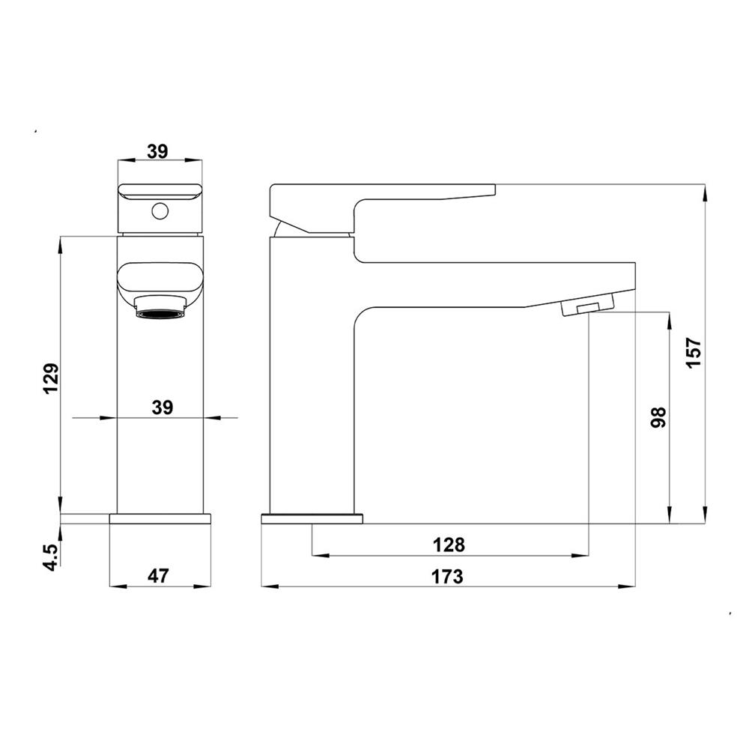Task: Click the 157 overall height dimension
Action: click(694, 353)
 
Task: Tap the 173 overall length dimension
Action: click(448, 577)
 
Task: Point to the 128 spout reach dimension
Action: click(449, 545)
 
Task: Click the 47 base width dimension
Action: click(158, 575)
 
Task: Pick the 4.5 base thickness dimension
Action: click(51, 557)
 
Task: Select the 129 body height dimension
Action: click(51, 378)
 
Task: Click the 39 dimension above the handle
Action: click(157, 151)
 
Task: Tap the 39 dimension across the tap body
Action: click(163, 408)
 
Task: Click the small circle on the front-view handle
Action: click(160, 210)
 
